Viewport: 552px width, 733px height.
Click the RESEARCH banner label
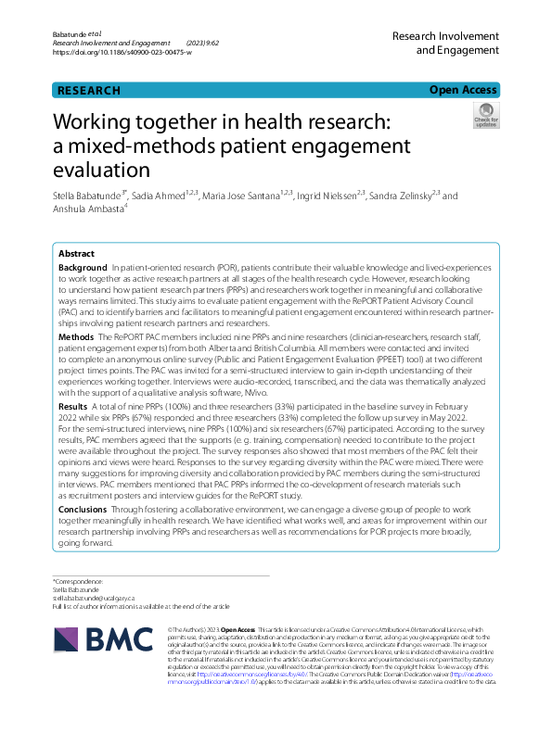tap(89, 91)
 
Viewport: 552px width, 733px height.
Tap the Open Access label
tap(463, 90)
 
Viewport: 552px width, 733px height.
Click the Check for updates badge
tap(485, 118)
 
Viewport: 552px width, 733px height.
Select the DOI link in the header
tap(122, 53)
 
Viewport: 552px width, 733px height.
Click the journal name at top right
tap(445, 43)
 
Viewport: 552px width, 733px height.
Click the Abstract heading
tap(76, 254)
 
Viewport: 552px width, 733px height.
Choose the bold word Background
tap(83, 267)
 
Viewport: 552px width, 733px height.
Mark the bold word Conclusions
tap(83, 510)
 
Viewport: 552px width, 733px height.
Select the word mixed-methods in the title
tap(160, 145)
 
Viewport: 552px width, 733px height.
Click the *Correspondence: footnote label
tap(79, 582)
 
